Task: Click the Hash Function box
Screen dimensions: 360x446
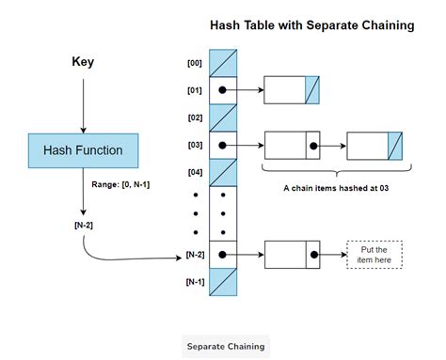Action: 83,150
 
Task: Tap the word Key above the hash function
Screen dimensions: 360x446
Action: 83,62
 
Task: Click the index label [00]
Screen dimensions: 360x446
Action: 195,63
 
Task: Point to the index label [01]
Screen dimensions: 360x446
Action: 195,90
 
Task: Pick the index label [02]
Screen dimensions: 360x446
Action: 195,117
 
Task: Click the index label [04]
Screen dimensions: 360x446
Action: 195,173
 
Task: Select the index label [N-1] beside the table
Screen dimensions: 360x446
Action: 194,282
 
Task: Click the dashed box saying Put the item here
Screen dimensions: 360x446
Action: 374,255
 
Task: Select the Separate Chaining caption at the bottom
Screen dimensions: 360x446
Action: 225,346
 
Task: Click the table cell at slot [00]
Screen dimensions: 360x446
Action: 222,63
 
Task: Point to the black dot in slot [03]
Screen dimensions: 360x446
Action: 222,146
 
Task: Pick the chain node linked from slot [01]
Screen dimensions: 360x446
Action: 293,90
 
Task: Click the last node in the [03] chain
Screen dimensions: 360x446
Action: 374,146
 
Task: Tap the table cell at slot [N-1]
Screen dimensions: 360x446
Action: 222,282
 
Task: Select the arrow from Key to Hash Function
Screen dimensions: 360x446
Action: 83,103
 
